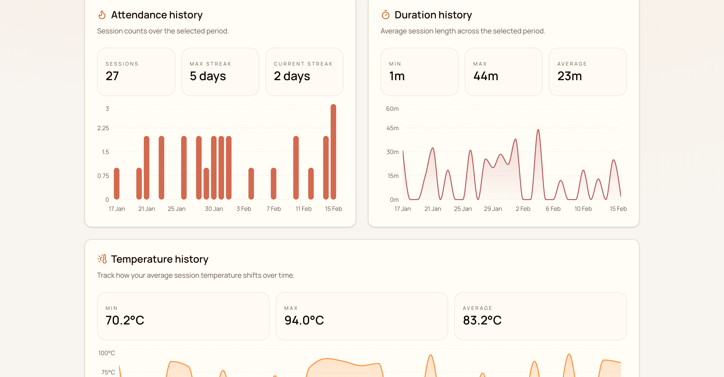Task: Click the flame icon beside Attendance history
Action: pyautogui.click(x=102, y=15)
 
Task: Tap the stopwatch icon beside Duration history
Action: pyautogui.click(x=385, y=15)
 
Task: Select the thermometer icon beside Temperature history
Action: pyautogui.click(x=102, y=259)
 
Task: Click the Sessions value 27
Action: pyautogui.click(x=112, y=76)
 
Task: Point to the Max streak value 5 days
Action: pyautogui.click(x=208, y=76)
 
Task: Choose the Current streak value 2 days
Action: pyautogui.click(x=292, y=76)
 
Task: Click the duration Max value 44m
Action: pyautogui.click(x=486, y=76)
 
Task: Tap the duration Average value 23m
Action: pyautogui.click(x=569, y=76)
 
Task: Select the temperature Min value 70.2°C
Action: pyautogui.click(x=125, y=320)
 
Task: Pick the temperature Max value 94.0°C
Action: pyautogui.click(x=304, y=320)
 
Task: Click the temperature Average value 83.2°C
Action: pyautogui.click(x=482, y=320)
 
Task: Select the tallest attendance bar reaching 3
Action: pyautogui.click(x=333, y=152)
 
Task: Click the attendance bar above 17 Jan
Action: pyautogui.click(x=117, y=184)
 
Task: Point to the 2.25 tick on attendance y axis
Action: pyautogui.click(x=103, y=128)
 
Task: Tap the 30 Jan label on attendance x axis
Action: pyautogui.click(x=214, y=209)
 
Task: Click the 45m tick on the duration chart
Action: pyautogui.click(x=392, y=128)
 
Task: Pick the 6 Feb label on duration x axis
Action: pyautogui.click(x=553, y=209)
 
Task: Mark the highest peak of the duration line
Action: pyautogui.click(x=538, y=130)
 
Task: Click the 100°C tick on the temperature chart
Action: pyautogui.click(x=107, y=353)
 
